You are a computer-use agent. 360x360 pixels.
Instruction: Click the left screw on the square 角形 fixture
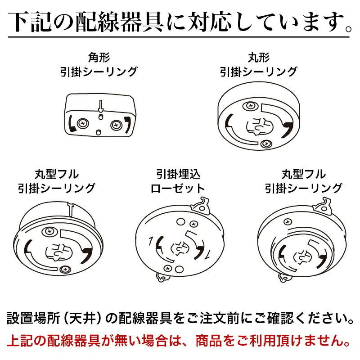pos(83,122)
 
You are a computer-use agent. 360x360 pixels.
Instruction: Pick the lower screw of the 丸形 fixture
pos(265,144)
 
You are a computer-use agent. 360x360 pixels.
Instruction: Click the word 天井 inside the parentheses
pos(89,320)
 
